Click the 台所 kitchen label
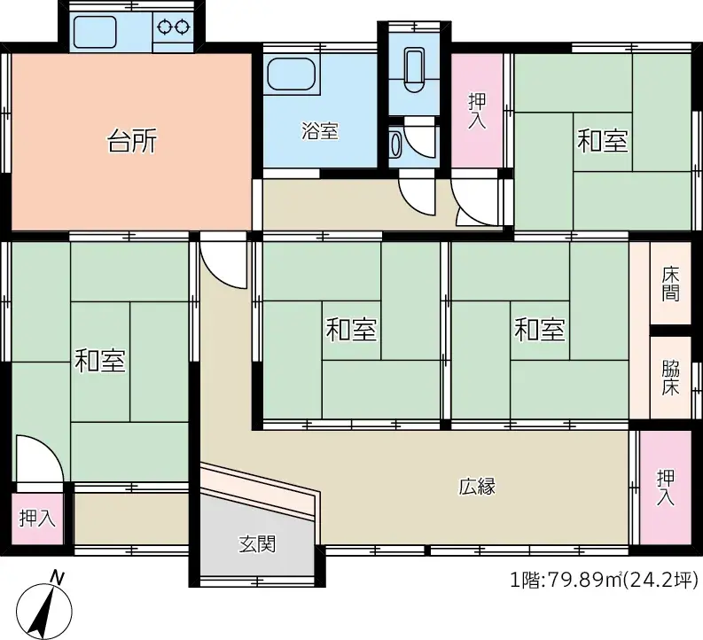click(132, 141)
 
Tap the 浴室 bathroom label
click(319, 132)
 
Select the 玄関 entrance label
click(257, 542)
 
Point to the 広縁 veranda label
click(477, 486)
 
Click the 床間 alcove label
click(671, 284)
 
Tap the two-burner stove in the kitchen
click(174, 27)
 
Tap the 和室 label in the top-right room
click(603, 140)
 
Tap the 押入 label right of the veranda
click(666, 488)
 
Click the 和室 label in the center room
click(351, 331)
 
